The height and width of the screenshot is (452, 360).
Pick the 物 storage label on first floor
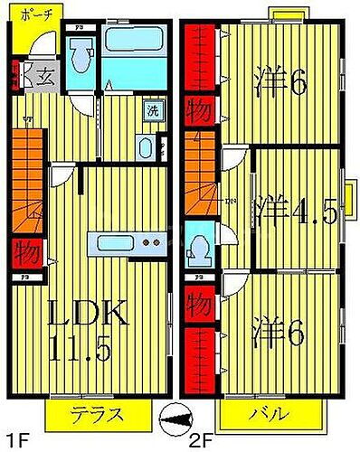tap(24, 251)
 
